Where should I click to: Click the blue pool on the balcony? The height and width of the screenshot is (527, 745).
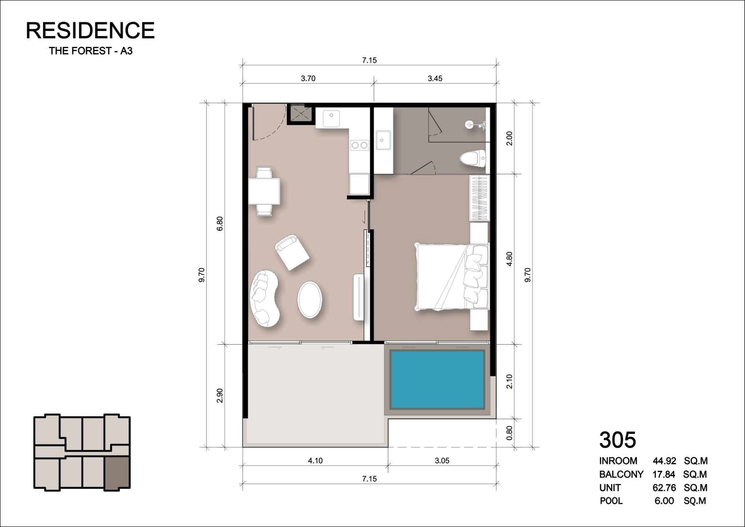[x=438, y=380]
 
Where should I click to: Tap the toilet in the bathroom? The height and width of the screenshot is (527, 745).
[x=473, y=159]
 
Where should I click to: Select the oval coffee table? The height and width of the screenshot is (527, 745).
[x=310, y=300]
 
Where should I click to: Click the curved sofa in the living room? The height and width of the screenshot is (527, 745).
[x=264, y=298]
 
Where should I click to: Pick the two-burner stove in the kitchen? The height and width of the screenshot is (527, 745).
[x=359, y=146]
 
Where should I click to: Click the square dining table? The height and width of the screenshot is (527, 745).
[x=264, y=191]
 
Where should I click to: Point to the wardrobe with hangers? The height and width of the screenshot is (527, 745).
[x=479, y=198]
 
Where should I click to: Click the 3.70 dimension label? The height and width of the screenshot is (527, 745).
[x=308, y=78]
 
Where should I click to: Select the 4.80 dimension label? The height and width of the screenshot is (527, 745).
[x=509, y=259]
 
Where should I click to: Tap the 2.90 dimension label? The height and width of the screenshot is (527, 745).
[x=219, y=396]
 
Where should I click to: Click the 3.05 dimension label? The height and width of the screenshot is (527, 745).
[x=442, y=461]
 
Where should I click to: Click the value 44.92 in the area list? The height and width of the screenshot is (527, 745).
[x=664, y=461]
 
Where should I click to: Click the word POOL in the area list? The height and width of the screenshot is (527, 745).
[x=611, y=501]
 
